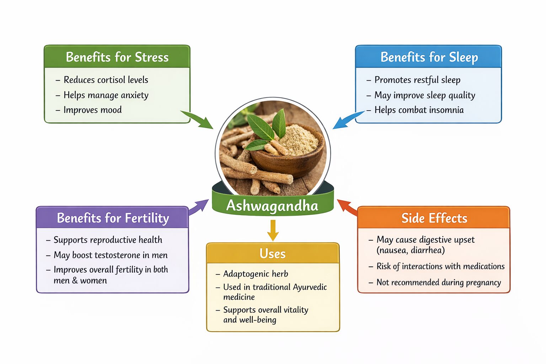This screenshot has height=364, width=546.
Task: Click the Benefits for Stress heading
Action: pyautogui.click(x=117, y=57)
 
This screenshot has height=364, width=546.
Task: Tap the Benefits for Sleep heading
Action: pyautogui.click(x=429, y=57)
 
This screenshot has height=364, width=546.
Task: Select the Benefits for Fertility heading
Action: pyautogui.click(x=113, y=218)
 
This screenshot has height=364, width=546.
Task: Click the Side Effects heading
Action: pyautogui.click(x=434, y=218)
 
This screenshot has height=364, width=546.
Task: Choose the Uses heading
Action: pyautogui.click(x=273, y=254)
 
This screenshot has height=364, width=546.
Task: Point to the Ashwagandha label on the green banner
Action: pyautogui.click(x=272, y=206)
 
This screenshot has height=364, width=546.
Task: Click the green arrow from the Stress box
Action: pyautogui.click(x=197, y=119)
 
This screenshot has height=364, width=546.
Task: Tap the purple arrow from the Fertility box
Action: pyautogui.click(x=199, y=207)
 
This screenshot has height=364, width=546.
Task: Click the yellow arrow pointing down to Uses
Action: pyautogui.click(x=273, y=230)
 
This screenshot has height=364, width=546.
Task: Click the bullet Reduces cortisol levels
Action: pyautogui.click(x=106, y=80)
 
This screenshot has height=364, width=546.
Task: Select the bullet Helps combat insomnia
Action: pyautogui.click(x=419, y=110)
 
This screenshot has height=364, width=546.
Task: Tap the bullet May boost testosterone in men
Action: pyautogui.click(x=110, y=255)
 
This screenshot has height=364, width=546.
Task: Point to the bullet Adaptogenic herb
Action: pyautogui.click(x=255, y=274)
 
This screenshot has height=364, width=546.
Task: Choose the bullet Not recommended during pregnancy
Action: pyautogui.click(x=438, y=283)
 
